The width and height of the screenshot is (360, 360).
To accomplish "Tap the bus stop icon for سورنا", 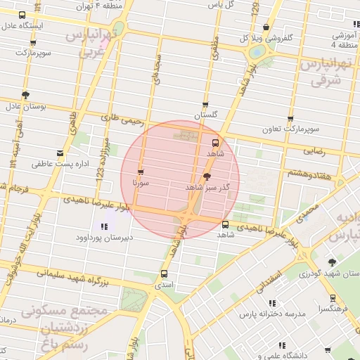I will point(141,172).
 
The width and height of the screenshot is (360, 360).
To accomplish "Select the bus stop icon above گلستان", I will point(205,104).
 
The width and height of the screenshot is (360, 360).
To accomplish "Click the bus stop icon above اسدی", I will point(165,274).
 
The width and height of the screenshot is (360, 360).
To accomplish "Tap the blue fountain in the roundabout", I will point(258,52).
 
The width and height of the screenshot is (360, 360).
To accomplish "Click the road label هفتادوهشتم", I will point(305,173).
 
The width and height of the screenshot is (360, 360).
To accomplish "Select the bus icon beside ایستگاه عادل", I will point(22,15).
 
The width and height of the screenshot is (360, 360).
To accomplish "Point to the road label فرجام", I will point(17,190).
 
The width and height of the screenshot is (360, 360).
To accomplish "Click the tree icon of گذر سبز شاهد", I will point(206,177).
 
